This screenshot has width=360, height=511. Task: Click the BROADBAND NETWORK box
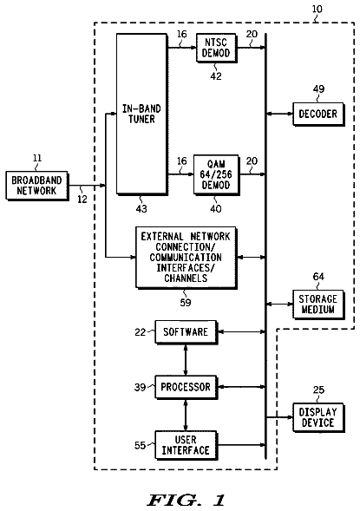point(36,186)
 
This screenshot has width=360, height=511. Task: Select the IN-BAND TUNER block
point(142,114)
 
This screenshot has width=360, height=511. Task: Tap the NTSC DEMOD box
point(216,48)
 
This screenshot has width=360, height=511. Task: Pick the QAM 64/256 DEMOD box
point(216,174)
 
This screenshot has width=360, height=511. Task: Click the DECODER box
point(318,114)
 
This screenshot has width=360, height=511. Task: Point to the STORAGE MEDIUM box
point(318,304)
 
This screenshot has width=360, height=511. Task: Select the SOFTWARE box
point(186,331)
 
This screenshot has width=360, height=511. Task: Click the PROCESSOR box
point(186,387)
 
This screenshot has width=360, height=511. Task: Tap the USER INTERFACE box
point(186,445)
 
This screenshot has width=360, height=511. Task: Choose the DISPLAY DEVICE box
point(318,417)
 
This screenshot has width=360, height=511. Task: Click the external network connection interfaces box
point(186,258)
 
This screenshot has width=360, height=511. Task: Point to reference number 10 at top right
point(317,9)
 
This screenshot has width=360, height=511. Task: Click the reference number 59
point(186,303)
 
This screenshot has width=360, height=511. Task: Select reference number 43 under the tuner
point(141,208)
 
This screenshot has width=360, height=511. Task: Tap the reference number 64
point(318,277)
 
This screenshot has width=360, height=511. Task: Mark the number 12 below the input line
point(82,200)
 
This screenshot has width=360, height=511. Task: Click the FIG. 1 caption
point(186,500)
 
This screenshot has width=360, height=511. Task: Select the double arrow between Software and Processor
point(186,359)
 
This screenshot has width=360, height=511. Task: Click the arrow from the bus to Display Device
point(279,417)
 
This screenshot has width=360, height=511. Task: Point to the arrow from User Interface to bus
point(241,444)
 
